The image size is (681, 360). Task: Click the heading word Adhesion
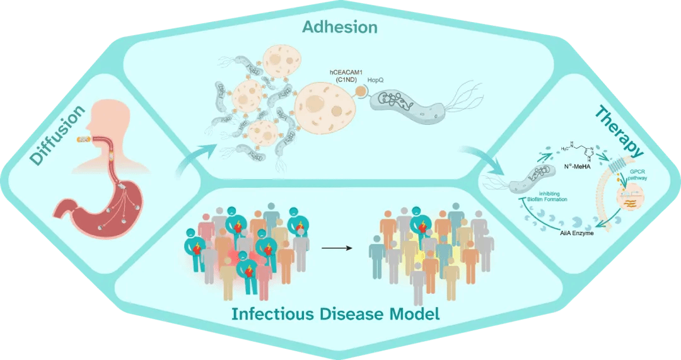click(339, 27)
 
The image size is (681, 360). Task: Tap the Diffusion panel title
click(57, 135)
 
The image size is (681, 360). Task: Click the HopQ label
click(376, 81)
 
